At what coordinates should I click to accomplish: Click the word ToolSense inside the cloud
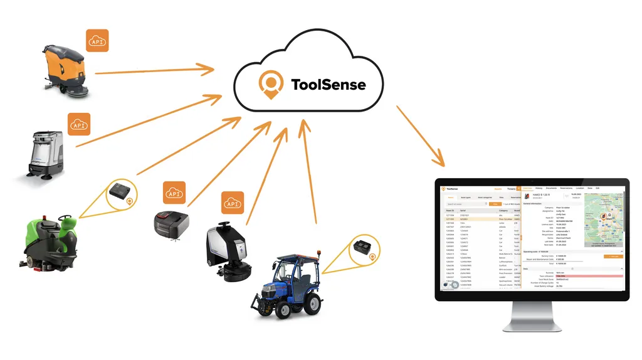click(x=328, y=84)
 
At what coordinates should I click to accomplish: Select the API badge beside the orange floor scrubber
click(x=97, y=40)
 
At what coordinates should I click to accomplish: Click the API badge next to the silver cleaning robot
click(x=79, y=124)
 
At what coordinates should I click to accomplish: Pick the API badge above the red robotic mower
click(x=174, y=193)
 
